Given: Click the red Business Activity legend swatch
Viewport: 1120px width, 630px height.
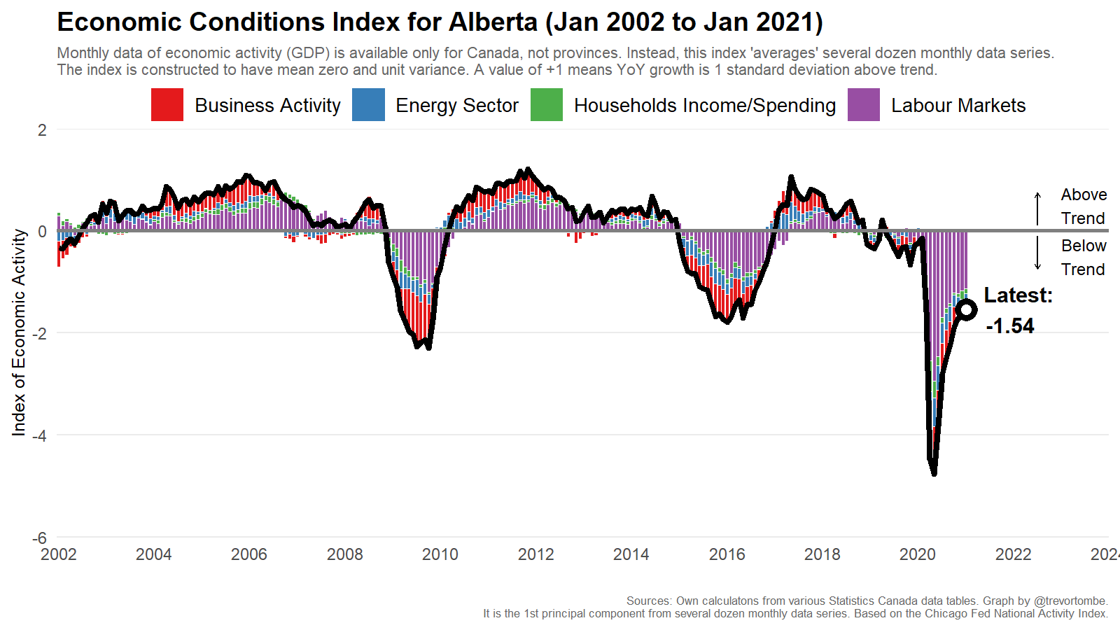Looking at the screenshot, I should (167, 105).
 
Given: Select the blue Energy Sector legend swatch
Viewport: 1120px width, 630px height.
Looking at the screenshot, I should (368, 105).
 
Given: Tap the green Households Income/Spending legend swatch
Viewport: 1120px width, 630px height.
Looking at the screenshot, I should (546, 105).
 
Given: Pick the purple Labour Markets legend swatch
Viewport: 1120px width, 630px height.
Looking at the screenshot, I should (863, 105).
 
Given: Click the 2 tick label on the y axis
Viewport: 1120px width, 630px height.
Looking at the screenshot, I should (43, 129).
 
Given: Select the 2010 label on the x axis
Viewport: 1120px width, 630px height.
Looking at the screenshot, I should (440, 554).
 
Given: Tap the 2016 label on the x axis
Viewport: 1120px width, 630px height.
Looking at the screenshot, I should (727, 554).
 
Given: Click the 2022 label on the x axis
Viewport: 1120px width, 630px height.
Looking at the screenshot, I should (1013, 554).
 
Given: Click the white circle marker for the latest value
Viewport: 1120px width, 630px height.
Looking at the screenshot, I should (967, 309).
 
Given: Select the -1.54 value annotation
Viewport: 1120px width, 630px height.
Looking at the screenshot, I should (1009, 326).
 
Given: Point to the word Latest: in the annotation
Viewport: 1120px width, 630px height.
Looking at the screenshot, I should (1018, 295).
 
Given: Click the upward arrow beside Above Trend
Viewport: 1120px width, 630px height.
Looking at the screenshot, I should (1037, 207).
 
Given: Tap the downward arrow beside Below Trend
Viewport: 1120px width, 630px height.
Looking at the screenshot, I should (1037, 253).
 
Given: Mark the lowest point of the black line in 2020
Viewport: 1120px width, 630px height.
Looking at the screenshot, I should (934, 474).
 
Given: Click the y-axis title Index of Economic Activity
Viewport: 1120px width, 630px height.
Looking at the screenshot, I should (19, 332).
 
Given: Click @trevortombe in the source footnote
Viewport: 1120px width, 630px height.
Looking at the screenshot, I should (1070, 601).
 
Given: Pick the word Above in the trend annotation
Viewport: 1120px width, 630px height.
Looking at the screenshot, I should (1084, 195).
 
